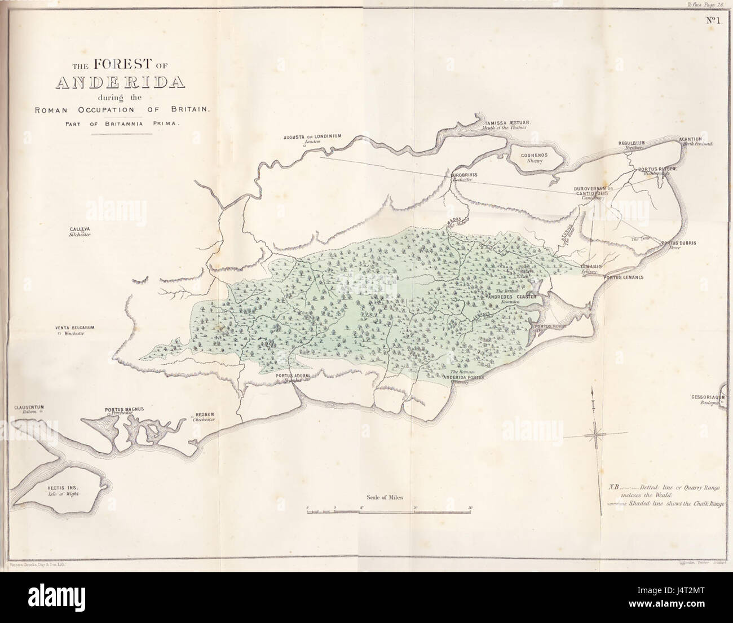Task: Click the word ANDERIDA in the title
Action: (x=121, y=82)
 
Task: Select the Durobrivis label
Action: (x=465, y=175)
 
